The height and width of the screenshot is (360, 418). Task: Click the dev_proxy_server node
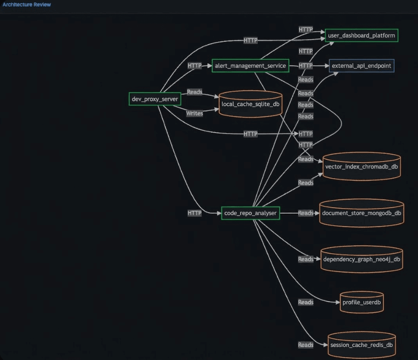coord(155,99)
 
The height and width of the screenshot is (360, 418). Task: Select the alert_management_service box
coord(250,65)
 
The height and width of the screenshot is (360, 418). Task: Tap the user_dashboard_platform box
coord(361,35)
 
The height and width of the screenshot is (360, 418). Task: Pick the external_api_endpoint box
coord(361,65)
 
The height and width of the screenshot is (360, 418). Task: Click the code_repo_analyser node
coord(250,213)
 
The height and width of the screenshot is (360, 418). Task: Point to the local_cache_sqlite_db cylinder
coord(250,104)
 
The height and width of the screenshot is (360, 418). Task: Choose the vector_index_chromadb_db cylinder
coord(361,166)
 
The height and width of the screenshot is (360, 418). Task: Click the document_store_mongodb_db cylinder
coord(361,213)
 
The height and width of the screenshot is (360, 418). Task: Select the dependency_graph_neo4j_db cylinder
coord(361,259)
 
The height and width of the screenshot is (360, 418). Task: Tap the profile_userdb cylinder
coord(361,302)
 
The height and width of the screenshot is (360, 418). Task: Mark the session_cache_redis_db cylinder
coord(361,345)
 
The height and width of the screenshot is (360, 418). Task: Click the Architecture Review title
coord(27,5)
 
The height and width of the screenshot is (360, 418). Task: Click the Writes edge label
coord(195,113)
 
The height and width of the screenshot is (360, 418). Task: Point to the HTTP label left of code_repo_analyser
coord(194,213)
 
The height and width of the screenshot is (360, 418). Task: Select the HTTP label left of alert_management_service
coord(194,65)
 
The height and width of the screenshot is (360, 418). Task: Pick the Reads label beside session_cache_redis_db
coord(306,345)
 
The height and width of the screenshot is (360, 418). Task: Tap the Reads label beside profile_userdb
coord(306,302)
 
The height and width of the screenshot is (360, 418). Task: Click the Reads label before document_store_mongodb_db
coord(306,213)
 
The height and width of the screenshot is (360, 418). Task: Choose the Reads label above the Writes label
coord(195,92)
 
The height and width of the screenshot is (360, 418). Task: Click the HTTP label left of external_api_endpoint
coord(306,65)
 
